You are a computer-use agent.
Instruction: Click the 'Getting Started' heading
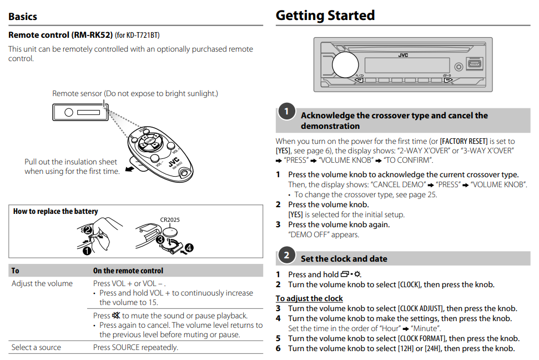tap(325, 15)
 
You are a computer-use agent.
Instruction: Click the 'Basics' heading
tap(23, 17)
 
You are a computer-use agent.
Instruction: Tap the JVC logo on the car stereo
tap(403, 55)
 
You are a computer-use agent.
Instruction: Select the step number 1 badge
tap(286, 111)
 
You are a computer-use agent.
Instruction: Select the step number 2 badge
tap(286, 255)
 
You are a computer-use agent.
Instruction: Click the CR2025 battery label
tap(169, 219)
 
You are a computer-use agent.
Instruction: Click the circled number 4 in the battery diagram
tap(189, 248)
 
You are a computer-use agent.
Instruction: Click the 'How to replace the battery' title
tap(56, 211)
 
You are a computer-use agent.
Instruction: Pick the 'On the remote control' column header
tap(128, 271)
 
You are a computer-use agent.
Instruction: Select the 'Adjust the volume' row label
tap(42, 283)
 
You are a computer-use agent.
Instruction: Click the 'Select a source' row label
tap(37, 347)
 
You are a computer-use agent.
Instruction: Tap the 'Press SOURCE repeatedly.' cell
tap(135, 347)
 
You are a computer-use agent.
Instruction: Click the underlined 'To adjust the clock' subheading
tap(309, 298)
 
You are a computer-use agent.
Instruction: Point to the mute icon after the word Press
tap(116, 316)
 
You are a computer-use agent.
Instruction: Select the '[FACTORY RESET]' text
tap(464, 141)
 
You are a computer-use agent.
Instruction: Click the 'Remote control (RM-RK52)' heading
tap(61, 35)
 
